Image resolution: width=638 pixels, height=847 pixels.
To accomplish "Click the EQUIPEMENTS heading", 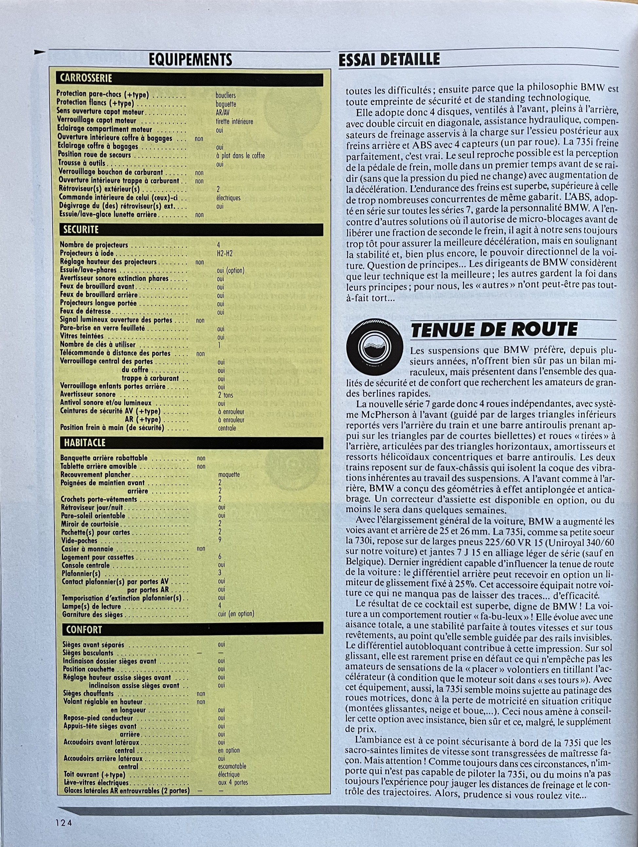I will [x=190, y=60].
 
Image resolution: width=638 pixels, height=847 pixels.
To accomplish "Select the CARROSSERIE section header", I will [x=85, y=79].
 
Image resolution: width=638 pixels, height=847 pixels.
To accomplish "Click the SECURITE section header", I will [x=81, y=230].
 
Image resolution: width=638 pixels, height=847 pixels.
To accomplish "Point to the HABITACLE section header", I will [x=84, y=442].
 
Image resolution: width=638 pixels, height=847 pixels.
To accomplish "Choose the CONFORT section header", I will [x=84, y=630].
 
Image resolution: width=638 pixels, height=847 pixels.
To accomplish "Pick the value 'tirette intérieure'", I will [x=234, y=122].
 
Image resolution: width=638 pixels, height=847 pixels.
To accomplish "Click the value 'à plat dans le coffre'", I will [x=240, y=156].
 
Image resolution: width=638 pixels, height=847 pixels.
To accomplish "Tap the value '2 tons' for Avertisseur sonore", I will [x=226, y=395].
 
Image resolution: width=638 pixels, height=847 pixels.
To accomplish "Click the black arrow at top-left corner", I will [x=40, y=52].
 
